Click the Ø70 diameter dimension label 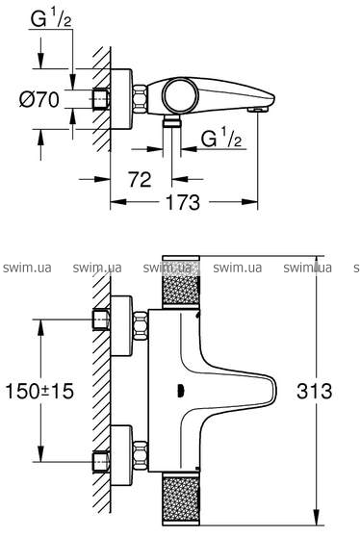[39, 100]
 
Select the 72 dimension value [140, 179]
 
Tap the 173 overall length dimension [183, 202]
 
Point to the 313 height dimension [315, 391]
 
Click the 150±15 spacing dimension [39, 391]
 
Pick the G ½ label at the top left [51, 19]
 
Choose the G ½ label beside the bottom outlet [221, 139]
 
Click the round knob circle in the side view [180, 95]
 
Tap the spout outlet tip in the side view [258, 109]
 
